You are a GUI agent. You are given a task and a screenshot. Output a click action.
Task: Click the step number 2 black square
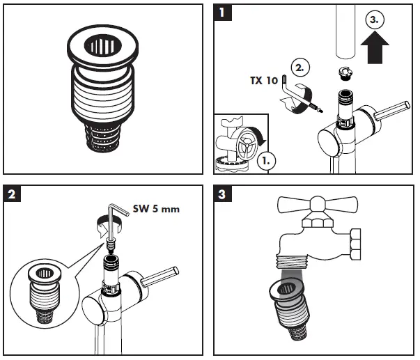[x=12, y=193]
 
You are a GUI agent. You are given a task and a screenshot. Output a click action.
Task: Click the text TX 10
[x=263, y=81]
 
